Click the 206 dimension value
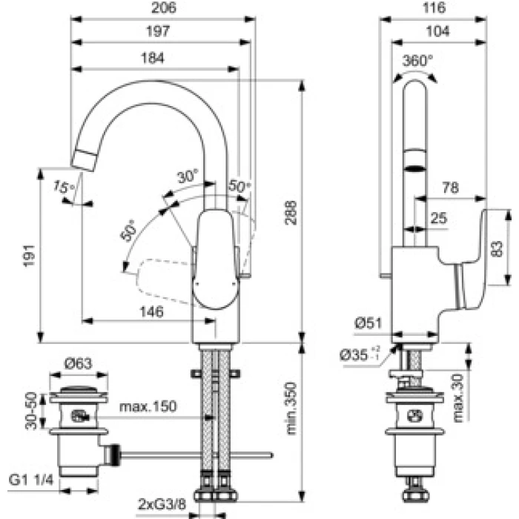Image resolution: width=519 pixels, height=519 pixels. click(x=164, y=7)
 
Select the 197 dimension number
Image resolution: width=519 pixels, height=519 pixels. click(x=158, y=31)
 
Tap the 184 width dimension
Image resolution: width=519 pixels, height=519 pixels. click(x=153, y=58)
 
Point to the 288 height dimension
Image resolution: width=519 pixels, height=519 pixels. click(x=291, y=213)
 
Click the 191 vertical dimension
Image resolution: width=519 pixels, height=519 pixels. click(x=29, y=255)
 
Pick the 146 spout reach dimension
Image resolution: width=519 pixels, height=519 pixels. click(x=151, y=311)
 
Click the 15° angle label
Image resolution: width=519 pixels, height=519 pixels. click(x=64, y=187)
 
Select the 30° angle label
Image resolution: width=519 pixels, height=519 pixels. click(x=188, y=176)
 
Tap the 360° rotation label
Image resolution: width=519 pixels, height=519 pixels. click(x=417, y=61)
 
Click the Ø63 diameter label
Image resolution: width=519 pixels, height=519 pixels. click(x=78, y=364)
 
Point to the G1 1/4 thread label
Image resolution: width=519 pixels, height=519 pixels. click(x=31, y=480)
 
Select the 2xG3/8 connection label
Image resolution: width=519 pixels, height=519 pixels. click(x=162, y=504)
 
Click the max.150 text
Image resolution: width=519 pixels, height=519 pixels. click(x=148, y=406)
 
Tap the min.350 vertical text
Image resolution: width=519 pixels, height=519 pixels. click(x=291, y=408)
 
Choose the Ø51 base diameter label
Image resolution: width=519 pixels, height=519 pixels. click(x=368, y=323)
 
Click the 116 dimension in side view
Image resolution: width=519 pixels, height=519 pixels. click(x=434, y=7)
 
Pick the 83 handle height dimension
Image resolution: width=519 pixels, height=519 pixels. click(x=497, y=249)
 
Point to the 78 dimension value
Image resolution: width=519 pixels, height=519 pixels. click(x=451, y=188)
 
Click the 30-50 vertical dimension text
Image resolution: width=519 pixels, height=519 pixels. click(x=31, y=411)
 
